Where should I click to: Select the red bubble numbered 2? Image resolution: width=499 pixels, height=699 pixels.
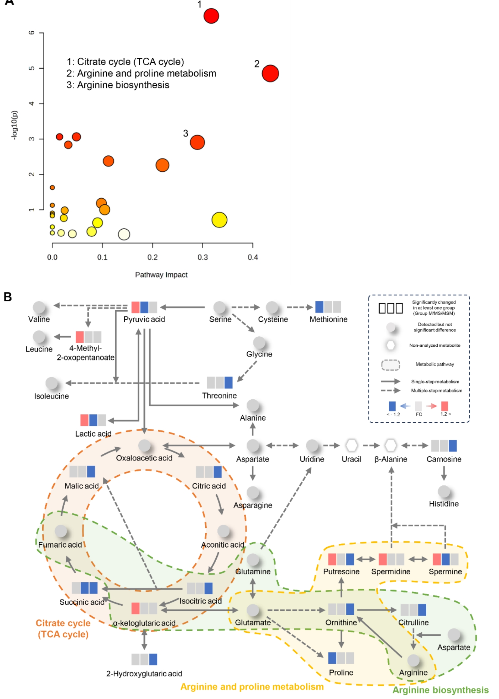coord(270,74)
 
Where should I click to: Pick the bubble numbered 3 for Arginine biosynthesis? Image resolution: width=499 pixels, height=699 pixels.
coord(197,143)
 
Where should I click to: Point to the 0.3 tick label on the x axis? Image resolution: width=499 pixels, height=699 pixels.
coord(202,257)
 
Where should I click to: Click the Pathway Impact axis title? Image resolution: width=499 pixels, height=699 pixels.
coord(161,275)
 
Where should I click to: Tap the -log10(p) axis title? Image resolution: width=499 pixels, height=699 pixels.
coord(14,125)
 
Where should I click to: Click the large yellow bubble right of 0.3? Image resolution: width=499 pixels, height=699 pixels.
coord(219,220)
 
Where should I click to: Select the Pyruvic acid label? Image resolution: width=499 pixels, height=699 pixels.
coord(144,319)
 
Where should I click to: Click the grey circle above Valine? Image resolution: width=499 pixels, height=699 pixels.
coord(39,307)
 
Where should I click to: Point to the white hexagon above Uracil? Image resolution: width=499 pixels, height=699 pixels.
coord(352,445)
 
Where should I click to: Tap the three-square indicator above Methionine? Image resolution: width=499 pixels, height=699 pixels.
coord(328,307)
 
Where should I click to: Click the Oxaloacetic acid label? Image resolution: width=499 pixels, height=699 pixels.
coord(144,458)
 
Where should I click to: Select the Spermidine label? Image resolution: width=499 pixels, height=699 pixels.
coord(391,572)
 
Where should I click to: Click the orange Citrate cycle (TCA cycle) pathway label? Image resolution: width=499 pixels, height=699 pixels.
coord(63,629)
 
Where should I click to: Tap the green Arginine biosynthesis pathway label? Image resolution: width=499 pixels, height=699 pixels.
coord(440,690)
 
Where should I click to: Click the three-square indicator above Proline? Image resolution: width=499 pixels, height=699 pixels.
coord(341,658)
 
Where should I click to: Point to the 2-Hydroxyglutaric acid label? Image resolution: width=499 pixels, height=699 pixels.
coord(144,674)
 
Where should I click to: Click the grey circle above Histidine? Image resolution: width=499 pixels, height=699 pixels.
coord(444,492)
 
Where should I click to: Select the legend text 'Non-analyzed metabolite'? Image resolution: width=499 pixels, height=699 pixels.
coord(435,346)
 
